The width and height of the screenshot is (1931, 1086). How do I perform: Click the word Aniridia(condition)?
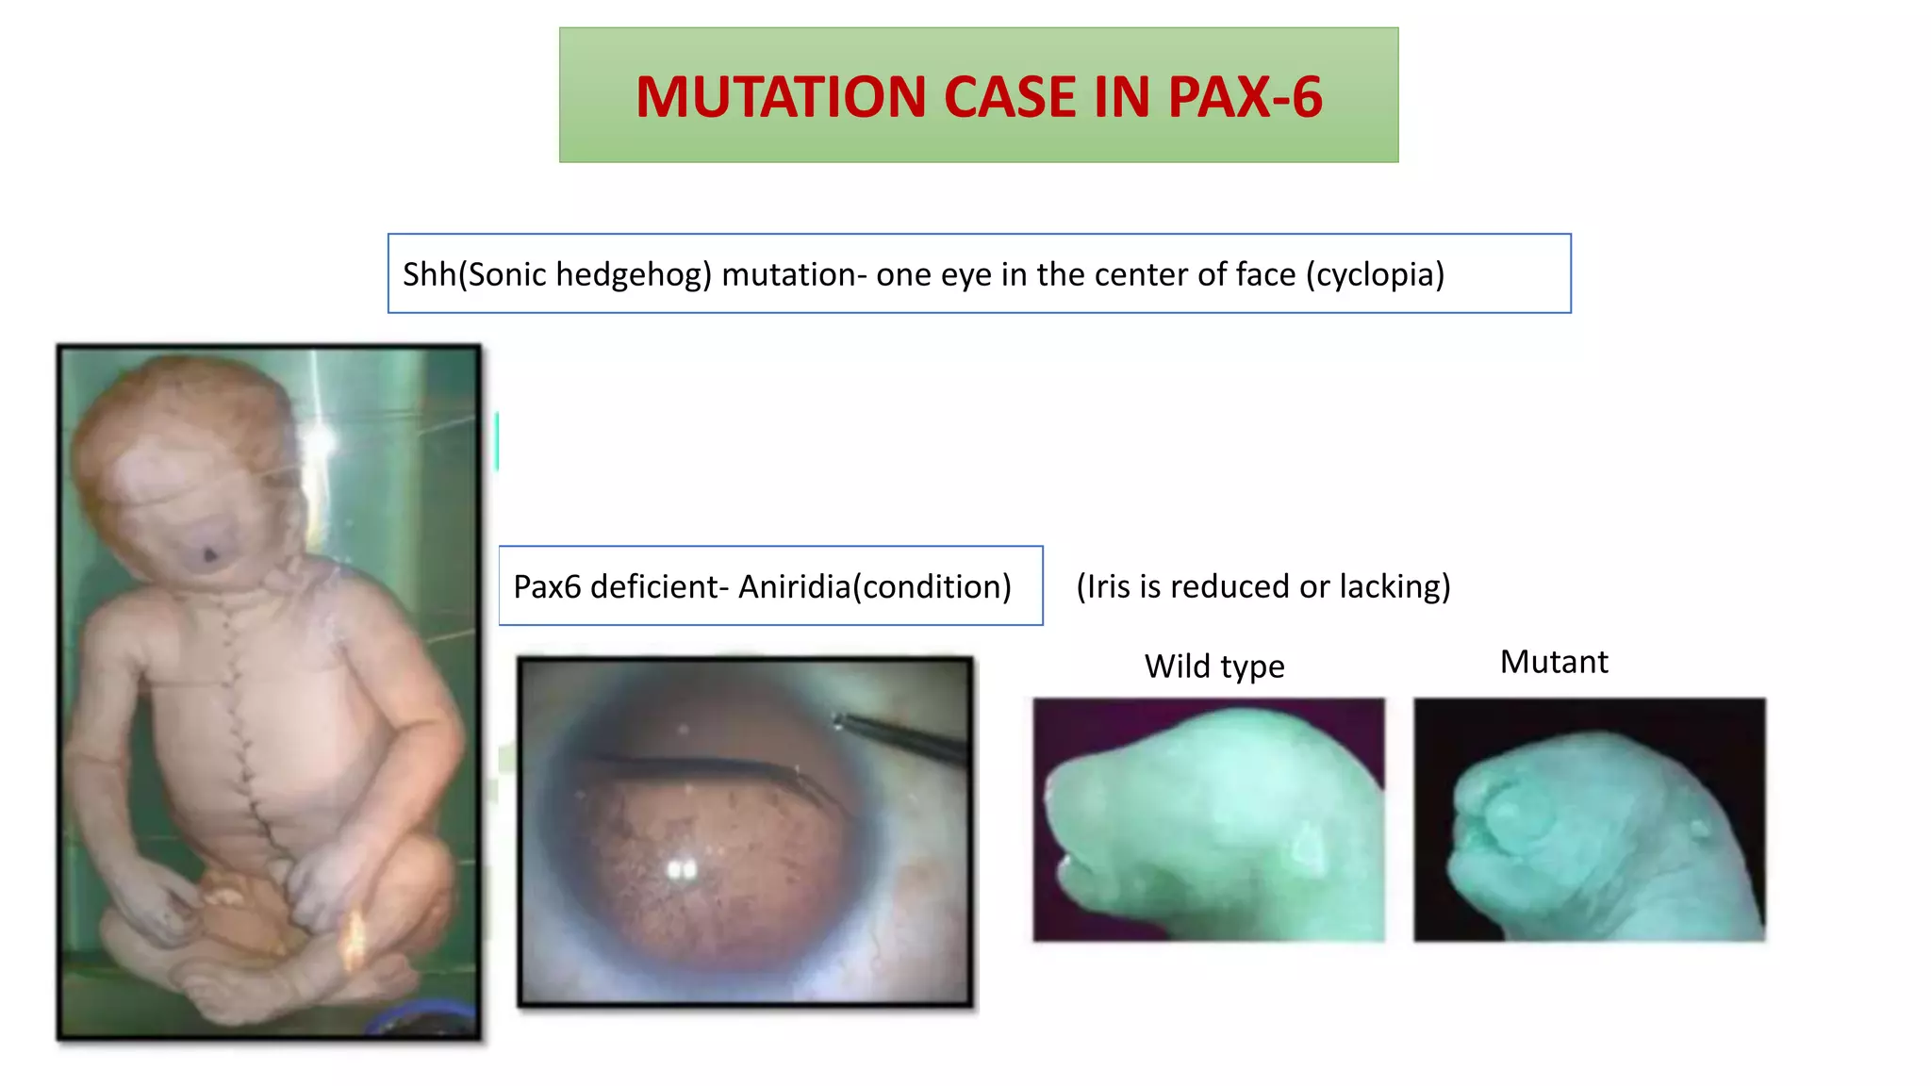click(x=874, y=586)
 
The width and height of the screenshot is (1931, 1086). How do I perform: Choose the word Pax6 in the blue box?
click(x=547, y=586)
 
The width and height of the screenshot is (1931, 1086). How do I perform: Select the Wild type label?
click(x=1214, y=666)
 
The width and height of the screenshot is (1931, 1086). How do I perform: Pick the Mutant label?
click(x=1554, y=662)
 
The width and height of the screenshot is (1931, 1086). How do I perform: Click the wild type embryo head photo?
click(x=1209, y=819)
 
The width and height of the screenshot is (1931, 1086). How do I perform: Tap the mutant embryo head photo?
click(x=1590, y=819)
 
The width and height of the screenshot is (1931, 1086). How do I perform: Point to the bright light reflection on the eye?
click(x=681, y=869)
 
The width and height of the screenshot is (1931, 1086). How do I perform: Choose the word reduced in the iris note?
click(x=1230, y=586)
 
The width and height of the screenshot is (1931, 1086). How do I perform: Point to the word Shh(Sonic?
click(x=463, y=274)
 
